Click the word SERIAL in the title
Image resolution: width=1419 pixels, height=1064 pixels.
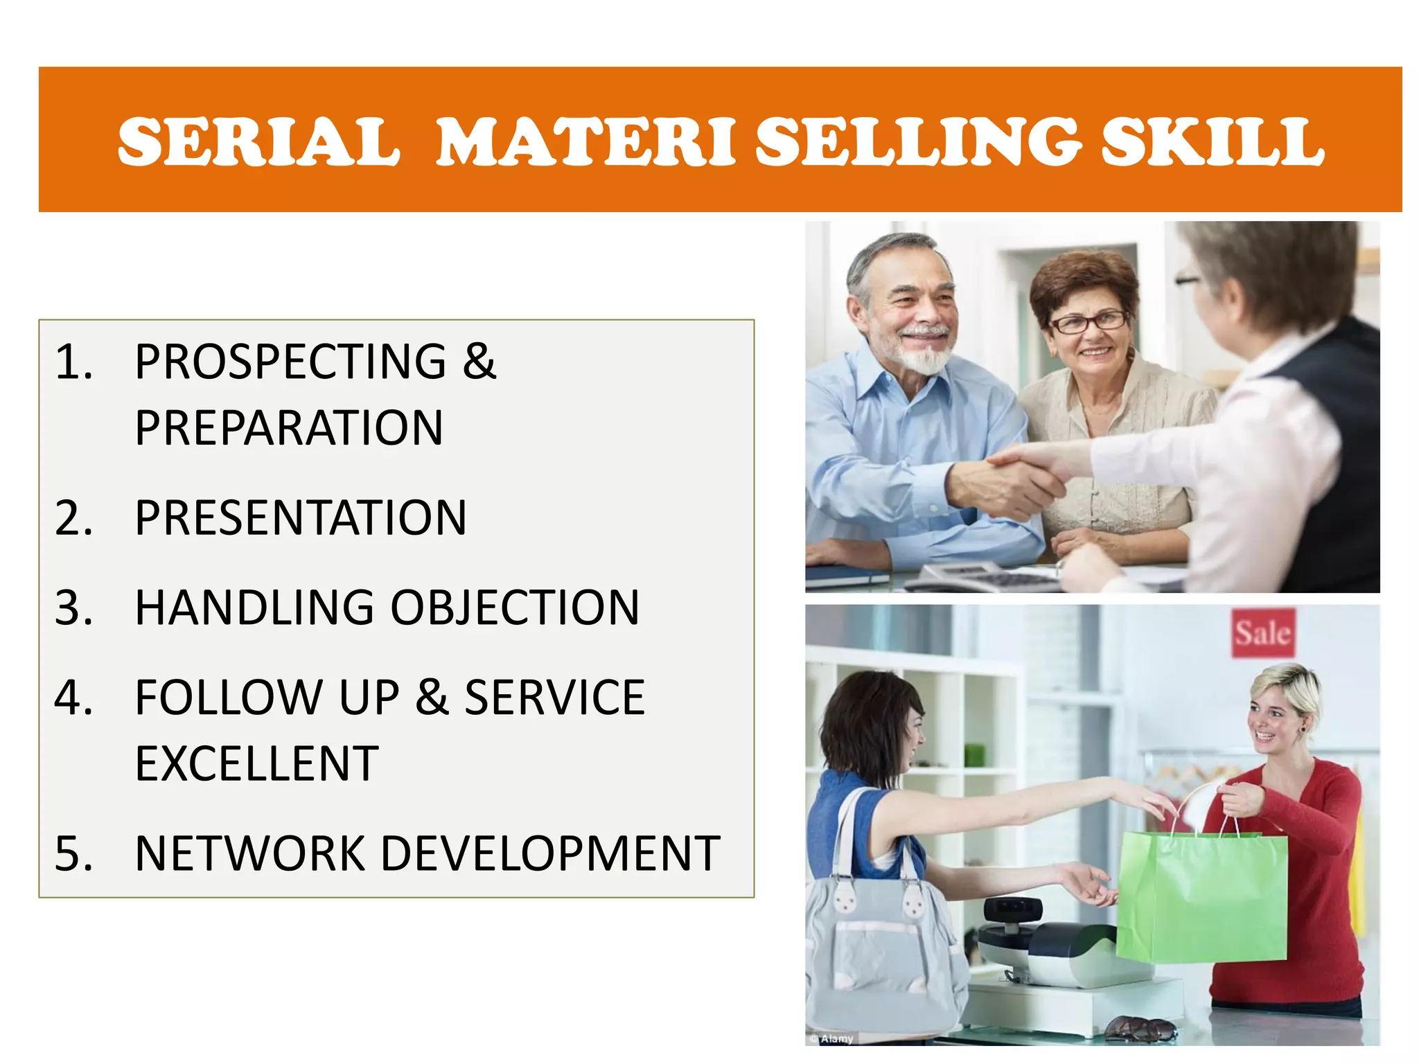(258, 142)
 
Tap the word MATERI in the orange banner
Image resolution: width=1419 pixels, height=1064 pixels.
(585, 142)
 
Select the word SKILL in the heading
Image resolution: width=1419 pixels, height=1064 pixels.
(1213, 142)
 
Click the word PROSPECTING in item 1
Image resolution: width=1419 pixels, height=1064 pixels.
(290, 362)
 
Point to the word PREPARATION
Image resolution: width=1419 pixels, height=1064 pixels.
(289, 428)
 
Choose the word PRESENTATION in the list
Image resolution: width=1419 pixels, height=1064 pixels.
(301, 517)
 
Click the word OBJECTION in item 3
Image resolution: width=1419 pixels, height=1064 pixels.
(515, 608)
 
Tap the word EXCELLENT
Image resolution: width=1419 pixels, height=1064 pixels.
(257, 763)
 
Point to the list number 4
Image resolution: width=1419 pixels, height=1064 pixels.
(73, 698)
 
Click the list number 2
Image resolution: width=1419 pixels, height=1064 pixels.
(73, 517)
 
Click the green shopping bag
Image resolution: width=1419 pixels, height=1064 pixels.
(1202, 897)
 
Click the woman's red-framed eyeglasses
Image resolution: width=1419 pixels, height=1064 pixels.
(1088, 322)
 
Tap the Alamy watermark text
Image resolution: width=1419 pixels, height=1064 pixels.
(834, 1038)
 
